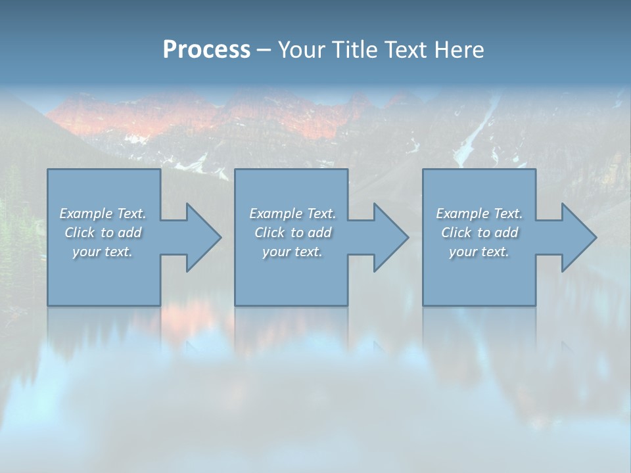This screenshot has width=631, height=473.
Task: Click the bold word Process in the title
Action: click(206, 50)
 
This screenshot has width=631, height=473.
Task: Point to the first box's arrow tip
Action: click(220, 237)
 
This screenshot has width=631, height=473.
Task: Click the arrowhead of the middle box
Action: click(407, 237)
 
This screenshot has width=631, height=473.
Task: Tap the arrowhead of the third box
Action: click(595, 237)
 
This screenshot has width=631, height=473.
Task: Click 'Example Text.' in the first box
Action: click(103, 214)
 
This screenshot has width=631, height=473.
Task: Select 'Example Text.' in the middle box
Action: click(292, 214)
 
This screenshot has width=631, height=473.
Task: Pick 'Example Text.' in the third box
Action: click(479, 214)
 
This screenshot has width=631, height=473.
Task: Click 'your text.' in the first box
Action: click(103, 252)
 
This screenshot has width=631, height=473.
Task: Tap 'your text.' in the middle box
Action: click(292, 252)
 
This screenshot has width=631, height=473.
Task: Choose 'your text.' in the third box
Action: click(479, 252)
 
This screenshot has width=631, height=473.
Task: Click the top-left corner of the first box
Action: click(48, 169)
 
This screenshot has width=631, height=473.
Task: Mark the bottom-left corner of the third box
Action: click(423, 305)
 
